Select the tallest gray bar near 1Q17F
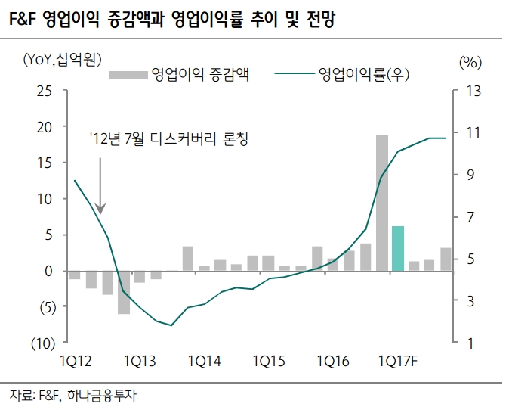pos(382,202)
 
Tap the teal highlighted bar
pos(398,248)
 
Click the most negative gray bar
pos(123,291)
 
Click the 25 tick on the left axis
pos(45,91)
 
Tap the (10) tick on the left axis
pos(41,343)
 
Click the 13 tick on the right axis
pos(473,91)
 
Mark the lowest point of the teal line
pos(171,325)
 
